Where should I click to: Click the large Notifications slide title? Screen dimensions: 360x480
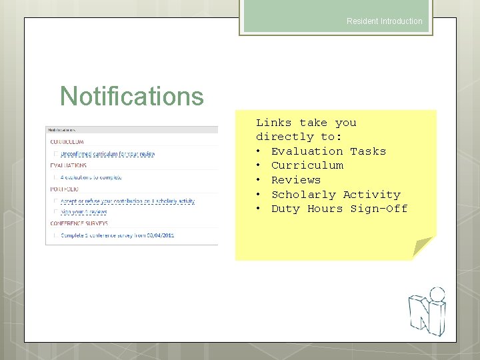pos(131,96)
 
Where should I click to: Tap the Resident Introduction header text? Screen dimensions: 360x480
pos(384,21)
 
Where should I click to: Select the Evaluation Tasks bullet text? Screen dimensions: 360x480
pos(328,151)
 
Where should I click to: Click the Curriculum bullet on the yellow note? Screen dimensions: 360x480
pos(307,165)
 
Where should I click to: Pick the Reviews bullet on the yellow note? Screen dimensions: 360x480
pos(295,180)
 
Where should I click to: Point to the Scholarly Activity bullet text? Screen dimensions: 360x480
pos(335,195)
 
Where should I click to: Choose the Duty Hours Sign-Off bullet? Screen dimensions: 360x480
pos(339,209)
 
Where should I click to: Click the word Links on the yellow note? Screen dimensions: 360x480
pos(274,123)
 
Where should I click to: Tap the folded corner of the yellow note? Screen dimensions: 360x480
pos(422,247)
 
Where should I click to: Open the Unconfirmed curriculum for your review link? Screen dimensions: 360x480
pos(107,154)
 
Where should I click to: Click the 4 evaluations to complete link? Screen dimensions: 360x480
pos(91,177)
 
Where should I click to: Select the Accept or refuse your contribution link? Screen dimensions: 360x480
pos(127,201)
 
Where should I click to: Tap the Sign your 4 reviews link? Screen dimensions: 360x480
pos(83,212)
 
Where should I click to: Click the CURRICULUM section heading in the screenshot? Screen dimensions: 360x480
pos(67,142)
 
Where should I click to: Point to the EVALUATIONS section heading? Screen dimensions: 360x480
pos(68,165)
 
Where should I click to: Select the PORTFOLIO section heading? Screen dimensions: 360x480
pos(64,189)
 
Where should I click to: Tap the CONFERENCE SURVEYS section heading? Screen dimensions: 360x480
pos(79,223)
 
